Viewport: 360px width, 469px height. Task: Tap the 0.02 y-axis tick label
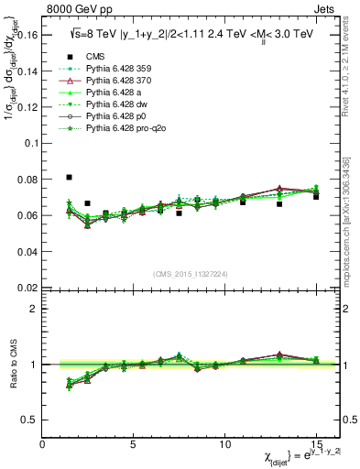pos(27,287)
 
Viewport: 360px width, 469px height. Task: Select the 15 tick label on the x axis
pos(316,444)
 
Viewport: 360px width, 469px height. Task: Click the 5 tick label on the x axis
pos(134,444)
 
